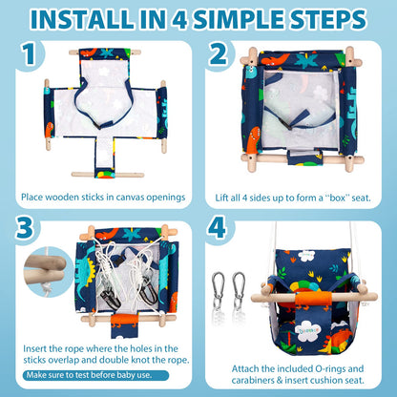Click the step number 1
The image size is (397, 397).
point(29,53)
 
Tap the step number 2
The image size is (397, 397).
point(218,53)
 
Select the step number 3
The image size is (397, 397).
point(25,227)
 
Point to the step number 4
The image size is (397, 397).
point(217,227)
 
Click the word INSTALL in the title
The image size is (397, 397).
point(82,19)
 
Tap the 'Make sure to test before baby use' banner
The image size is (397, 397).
point(95,375)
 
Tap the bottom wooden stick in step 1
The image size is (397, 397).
point(108,175)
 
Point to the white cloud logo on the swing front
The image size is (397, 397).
point(307,330)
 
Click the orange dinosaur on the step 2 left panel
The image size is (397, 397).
point(254,140)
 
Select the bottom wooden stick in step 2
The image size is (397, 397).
point(303,158)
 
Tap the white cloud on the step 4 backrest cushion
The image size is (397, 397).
point(307,256)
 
